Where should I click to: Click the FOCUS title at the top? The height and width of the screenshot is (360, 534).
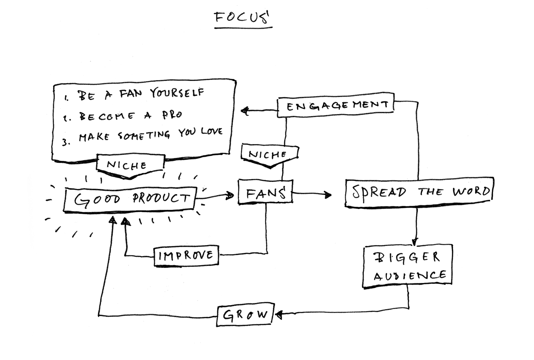pos(242,18)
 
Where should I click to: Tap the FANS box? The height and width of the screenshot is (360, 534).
pos(265,192)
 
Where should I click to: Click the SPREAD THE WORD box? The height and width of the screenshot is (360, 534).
pos(419,192)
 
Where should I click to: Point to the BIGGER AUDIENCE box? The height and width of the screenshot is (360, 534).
pos(408,266)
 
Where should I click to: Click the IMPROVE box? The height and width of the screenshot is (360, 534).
pos(186,255)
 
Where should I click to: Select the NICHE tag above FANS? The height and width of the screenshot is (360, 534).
pos(270,155)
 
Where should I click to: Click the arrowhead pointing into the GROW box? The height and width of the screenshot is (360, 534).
pos(278,314)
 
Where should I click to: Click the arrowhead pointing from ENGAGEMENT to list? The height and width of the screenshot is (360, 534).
pos(245,111)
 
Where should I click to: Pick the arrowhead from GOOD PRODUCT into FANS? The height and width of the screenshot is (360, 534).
pos(230,196)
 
